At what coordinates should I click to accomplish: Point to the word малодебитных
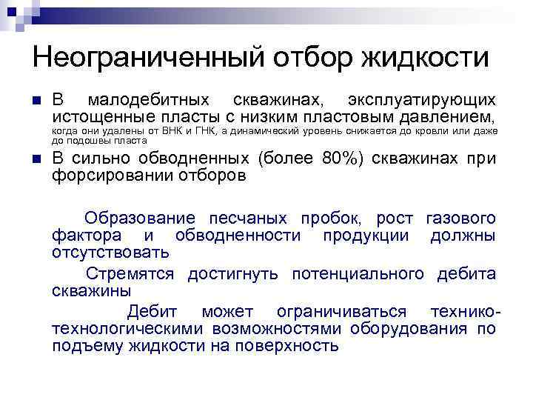click(148, 100)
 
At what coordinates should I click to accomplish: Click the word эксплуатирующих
click(422, 100)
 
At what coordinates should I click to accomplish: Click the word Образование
click(140, 219)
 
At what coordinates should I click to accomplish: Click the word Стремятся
click(130, 274)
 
